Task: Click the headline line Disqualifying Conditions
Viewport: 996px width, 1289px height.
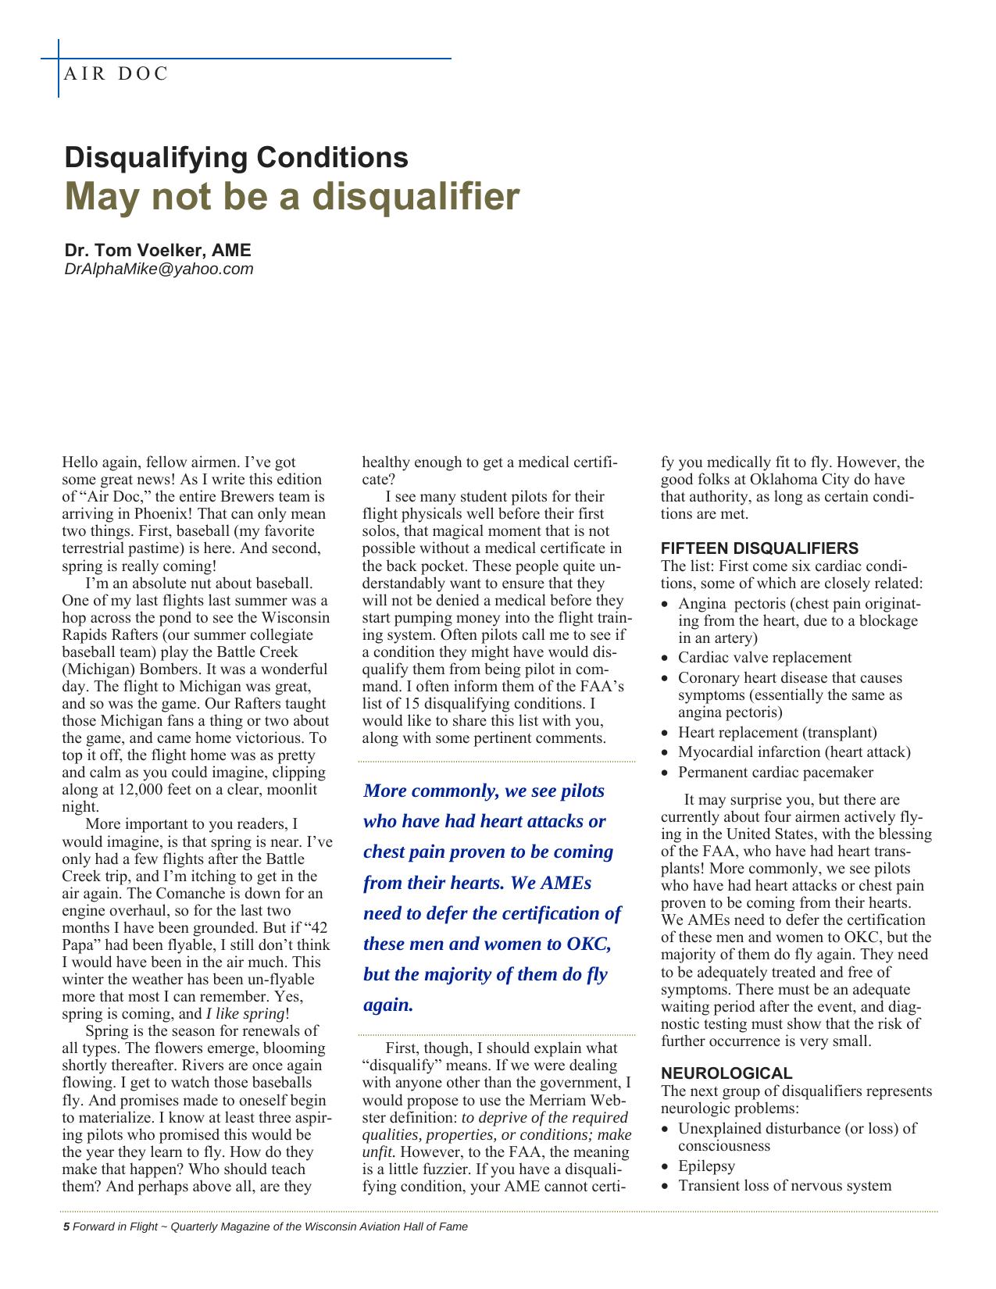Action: tap(236, 157)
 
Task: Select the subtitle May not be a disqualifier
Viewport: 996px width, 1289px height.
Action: tap(291, 197)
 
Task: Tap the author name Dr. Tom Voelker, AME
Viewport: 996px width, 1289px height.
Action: tap(158, 250)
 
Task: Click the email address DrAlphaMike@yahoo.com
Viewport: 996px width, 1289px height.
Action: tap(159, 269)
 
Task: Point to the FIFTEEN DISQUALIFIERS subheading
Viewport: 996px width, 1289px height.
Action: tap(759, 548)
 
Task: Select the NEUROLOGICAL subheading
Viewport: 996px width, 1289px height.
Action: tap(726, 1073)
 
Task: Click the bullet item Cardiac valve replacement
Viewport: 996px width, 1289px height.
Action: tap(764, 658)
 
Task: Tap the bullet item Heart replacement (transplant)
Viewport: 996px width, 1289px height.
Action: tap(776, 733)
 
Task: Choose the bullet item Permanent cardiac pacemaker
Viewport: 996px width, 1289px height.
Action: tap(775, 773)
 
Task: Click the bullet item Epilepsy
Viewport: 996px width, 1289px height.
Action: tap(706, 1166)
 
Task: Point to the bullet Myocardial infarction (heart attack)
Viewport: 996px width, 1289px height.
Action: tap(794, 752)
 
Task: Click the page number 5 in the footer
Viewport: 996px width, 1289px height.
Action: tap(66, 1227)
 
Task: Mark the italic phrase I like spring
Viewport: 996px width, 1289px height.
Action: tap(245, 1014)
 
